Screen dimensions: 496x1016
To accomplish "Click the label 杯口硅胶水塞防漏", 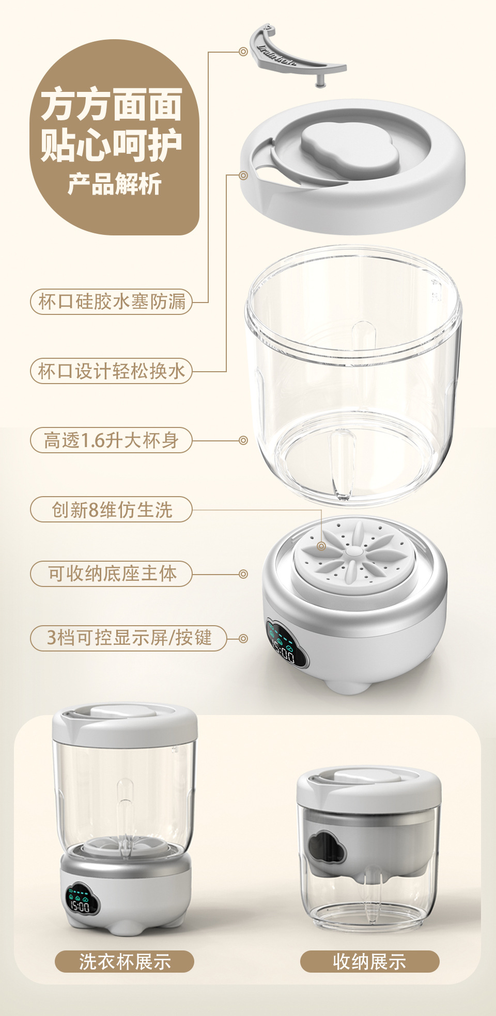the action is (x=112, y=301).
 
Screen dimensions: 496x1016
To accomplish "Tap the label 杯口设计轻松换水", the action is (x=112, y=371).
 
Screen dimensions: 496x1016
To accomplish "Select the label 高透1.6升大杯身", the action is (x=112, y=440).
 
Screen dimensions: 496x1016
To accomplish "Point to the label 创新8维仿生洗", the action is (x=112, y=510).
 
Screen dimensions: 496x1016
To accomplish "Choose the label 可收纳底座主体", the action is (x=112, y=574).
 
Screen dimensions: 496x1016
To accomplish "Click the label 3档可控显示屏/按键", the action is (x=129, y=638).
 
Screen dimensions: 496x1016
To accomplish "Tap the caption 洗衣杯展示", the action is (x=125, y=961).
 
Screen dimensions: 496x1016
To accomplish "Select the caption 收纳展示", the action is (x=369, y=961).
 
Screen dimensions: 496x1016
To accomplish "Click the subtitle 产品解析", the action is (x=114, y=184).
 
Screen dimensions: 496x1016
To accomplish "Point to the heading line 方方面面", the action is (x=112, y=105).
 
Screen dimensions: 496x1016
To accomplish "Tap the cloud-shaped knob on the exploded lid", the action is (x=350, y=145).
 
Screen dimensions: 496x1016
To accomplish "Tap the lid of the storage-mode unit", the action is (x=369, y=788).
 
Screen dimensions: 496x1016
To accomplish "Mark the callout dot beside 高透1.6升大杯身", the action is (x=243, y=440).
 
